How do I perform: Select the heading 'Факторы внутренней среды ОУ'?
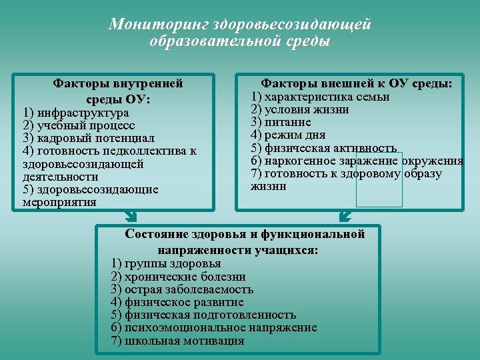[118, 91]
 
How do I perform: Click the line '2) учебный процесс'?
[78, 125]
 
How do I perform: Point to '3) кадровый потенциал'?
[88, 138]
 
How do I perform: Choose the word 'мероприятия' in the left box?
[59, 202]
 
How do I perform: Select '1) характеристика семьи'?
[320, 97]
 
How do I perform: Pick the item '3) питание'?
[281, 122]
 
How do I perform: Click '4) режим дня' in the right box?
[289, 135]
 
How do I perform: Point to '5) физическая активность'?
[323, 148]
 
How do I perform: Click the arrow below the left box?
[131, 217]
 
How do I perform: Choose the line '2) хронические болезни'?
[178, 277]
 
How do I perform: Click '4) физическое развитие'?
[177, 302]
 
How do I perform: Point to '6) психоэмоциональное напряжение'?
[213, 328]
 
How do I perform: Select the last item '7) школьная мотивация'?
[177, 341]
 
